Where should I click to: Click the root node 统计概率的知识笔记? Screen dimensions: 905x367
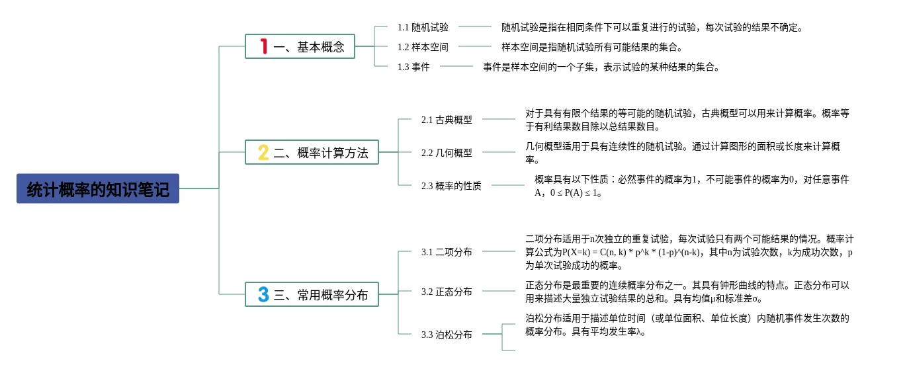98,188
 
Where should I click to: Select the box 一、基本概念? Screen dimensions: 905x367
300,46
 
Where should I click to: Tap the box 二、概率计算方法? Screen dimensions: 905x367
312,152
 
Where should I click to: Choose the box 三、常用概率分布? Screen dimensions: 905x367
312,294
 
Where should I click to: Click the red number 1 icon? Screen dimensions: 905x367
264,46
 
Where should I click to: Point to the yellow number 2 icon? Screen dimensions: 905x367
263,152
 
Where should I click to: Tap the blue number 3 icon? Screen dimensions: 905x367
263,294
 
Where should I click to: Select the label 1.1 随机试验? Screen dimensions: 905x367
423,27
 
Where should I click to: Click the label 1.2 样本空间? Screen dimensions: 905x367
423,47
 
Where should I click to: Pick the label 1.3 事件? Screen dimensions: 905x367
413,67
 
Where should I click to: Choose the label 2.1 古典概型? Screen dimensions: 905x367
447,120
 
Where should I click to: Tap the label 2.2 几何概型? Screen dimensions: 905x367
447,153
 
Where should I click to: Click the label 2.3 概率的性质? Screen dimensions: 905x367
451,186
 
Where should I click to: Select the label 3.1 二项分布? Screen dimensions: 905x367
447,252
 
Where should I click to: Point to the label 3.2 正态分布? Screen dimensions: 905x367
447,292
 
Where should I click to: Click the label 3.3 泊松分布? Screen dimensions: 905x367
447,335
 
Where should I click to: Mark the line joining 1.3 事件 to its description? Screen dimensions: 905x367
456,66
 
